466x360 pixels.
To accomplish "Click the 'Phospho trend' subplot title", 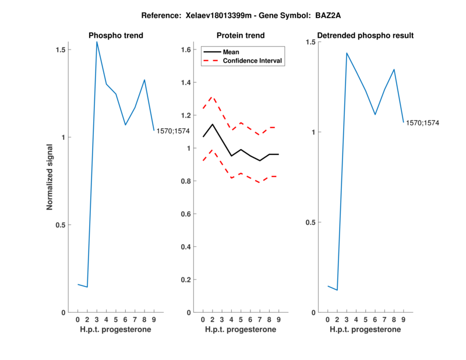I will [x=116, y=36].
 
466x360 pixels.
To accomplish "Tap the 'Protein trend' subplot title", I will [x=241, y=36].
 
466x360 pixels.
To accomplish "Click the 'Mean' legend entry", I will [x=231, y=52].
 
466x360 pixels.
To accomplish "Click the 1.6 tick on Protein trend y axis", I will [x=185, y=50].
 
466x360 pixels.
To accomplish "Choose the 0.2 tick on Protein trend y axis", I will [x=185, y=280].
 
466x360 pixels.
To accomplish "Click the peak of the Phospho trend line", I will [x=97, y=42].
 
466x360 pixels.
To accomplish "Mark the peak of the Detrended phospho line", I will [x=347, y=53].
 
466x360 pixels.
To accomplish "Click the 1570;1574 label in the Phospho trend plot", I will [x=172, y=131].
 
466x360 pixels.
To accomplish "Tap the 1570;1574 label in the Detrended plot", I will [x=422, y=123].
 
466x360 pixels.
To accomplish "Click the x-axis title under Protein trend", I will [x=241, y=330].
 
